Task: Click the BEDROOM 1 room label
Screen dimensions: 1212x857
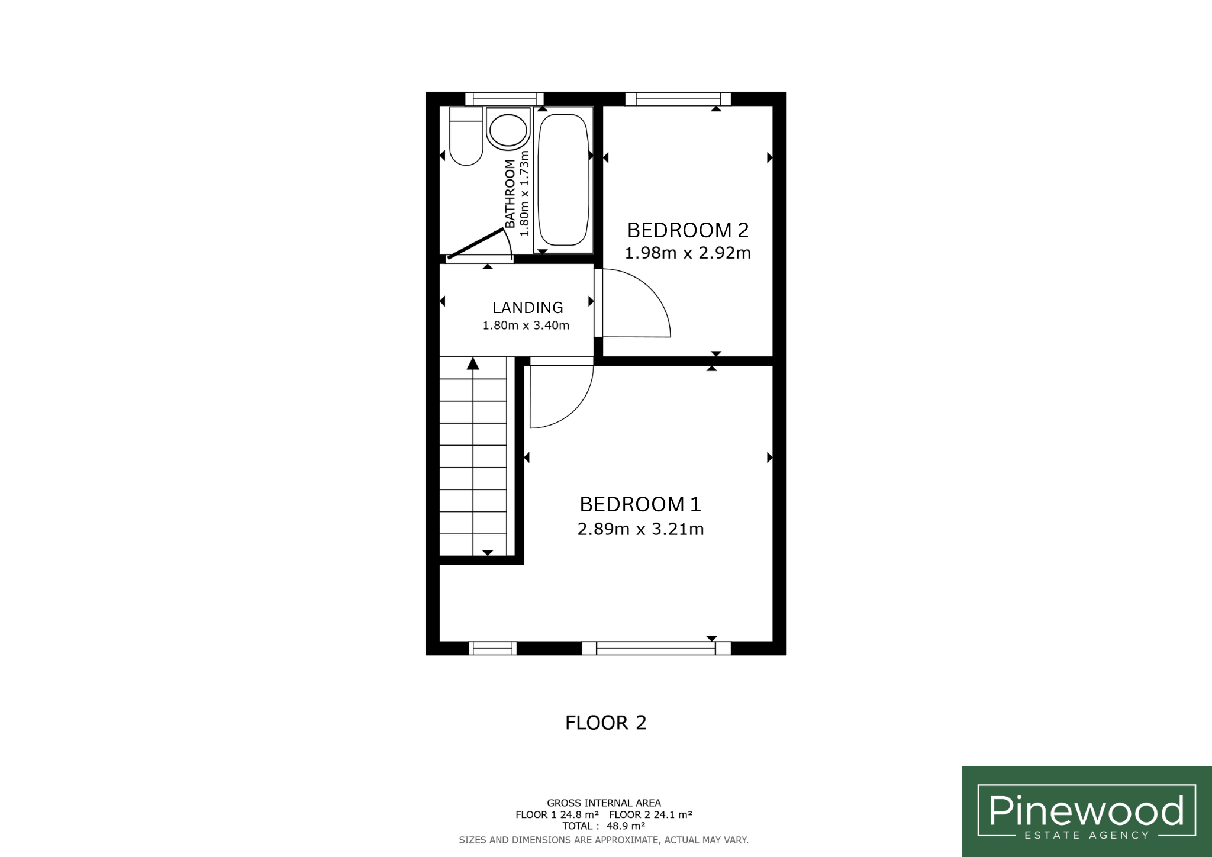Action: pyautogui.click(x=640, y=504)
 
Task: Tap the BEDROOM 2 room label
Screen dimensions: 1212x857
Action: pyautogui.click(x=688, y=230)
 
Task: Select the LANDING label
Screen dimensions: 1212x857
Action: pyautogui.click(x=528, y=308)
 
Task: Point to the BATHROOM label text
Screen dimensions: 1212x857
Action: pyautogui.click(x=510, y=194)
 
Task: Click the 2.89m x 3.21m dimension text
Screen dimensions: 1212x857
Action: pyautogui.click(x=640, y=529)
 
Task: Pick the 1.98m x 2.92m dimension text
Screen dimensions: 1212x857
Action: pyautogui.click(x=688, y=253)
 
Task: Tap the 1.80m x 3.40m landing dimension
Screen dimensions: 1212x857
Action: pyautogui.click(x=526, y=326)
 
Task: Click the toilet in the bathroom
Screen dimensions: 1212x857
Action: pyautogui.click(x=466, y=136)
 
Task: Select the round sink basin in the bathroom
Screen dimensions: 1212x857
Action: pyautogui.click(x=508, y=128)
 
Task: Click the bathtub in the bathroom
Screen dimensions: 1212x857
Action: pyautogui.click(x=563, y=180)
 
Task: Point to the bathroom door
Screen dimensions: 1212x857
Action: pyautogui.click(x=476, y=243)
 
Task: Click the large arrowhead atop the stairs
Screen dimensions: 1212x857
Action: pyautogui.click(x=473, y=363)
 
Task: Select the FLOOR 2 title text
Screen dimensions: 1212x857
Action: pyautogui.click(x=606, y=723)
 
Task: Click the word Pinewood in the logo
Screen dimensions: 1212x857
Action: pyautogui.click(x=1087, y=810)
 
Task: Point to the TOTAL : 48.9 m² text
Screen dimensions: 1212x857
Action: pyautogui.click(x=604, y=826)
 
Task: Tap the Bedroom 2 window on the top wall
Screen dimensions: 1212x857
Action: pyautogui.click(x=678, y=99)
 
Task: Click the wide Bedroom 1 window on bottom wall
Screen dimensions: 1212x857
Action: pyautogui.click(x=656, y=648)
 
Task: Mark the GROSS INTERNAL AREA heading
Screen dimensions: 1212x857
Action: pyautogui.click(x=604, y=803)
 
